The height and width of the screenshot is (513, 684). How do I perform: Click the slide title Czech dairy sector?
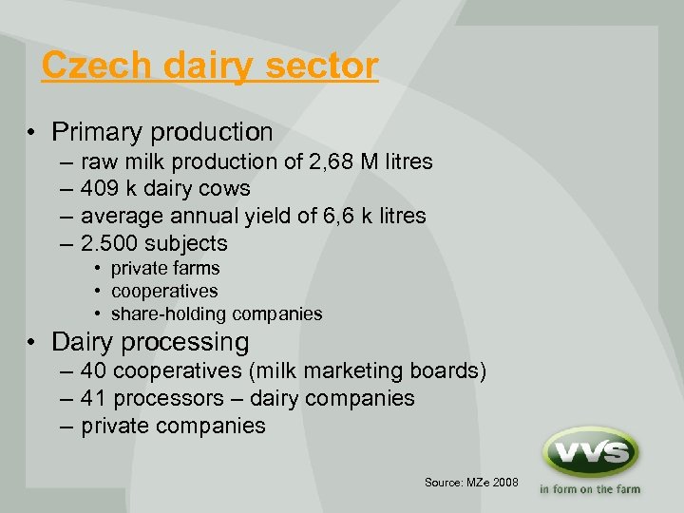pos(210,66)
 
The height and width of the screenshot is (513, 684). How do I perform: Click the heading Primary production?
pos(162,132)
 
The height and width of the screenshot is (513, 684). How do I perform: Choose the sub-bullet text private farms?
pos(165,269)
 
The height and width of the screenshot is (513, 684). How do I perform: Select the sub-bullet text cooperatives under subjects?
pos(164,291)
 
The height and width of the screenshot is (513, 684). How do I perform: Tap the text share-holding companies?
pos(217,313)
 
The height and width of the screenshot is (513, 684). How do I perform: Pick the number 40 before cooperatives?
pos(94,370)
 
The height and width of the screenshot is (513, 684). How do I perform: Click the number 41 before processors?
pos(94,398)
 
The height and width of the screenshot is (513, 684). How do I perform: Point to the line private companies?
pos(173,426)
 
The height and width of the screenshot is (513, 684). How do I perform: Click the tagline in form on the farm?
pos(590,490)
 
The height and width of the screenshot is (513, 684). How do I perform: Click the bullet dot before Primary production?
pos(32,133)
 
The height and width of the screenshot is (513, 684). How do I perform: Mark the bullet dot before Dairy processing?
pos(32,343)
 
